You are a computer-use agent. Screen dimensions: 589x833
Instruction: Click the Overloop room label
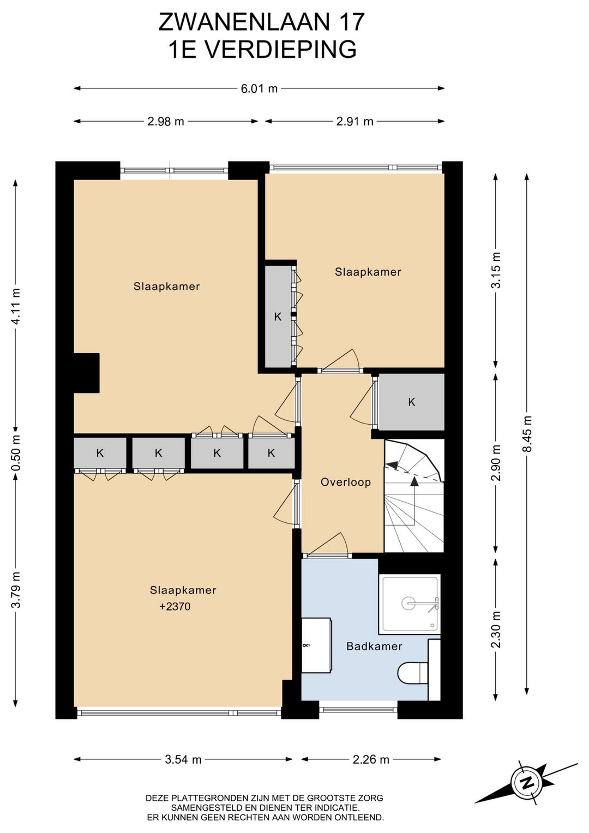[x=346, y=483]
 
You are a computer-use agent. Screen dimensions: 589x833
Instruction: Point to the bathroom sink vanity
[x=316, y=645]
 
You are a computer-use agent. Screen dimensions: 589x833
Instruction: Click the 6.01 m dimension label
[x=259, y=88]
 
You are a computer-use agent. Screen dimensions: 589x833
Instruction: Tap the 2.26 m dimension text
[x=371, y=759]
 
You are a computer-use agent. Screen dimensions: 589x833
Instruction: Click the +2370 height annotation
[x=175, y=607]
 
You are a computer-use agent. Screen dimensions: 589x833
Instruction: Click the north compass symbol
[x=527, y=783]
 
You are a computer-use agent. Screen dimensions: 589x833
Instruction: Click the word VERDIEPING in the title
[x=280, y=50]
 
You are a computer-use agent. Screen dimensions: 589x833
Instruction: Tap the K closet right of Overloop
[x=411, y=402]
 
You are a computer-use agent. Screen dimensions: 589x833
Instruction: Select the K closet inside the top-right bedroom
[x=278, y=317]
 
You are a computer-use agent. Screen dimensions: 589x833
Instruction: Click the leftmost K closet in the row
[x=100, y=453]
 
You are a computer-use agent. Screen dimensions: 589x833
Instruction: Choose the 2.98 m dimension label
[x=166, y=121]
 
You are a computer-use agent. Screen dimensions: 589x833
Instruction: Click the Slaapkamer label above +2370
[x=183, y=590]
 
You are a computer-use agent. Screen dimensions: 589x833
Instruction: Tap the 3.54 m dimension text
[x=183, y=759]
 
